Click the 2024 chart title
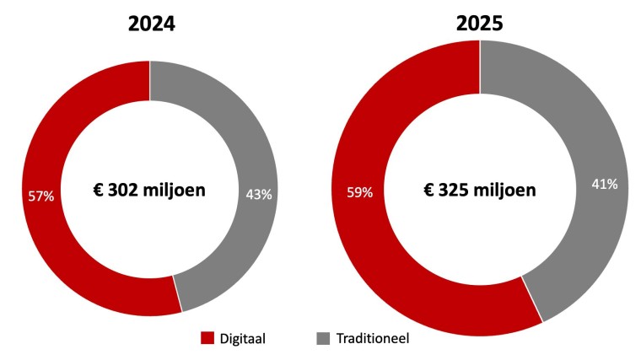pos(152,24)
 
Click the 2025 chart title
pos(479,24)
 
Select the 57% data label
pos(40,196)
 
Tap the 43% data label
pos(259,195)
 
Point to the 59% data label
pos(359,192)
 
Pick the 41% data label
pos(605,185)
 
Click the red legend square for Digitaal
pos(207,338)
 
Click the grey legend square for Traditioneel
pos(323,338)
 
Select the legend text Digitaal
pos(242,338)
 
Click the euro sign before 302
pos(99,191)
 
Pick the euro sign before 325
pos(428,190)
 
